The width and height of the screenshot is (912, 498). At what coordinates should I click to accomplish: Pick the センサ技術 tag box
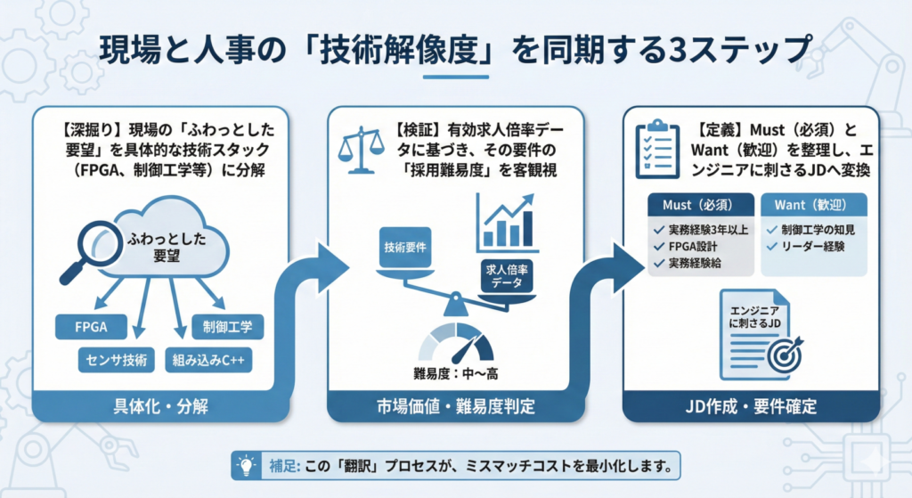point(116,360)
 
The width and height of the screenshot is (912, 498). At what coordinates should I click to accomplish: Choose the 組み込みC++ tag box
point(210,360)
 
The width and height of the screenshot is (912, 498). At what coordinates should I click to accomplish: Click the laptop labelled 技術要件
point(406,249)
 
